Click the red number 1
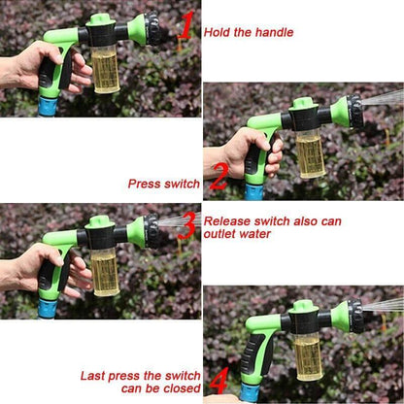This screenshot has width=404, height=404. point(184,25)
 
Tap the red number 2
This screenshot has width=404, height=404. point(219,177)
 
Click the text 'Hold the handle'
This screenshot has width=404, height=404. point(248,32)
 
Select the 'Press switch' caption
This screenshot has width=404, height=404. point(164,183)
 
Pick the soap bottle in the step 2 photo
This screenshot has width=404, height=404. point(310,153)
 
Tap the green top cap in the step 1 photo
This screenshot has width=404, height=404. point(100,19)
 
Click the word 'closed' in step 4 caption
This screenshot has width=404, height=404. point(180,387)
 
